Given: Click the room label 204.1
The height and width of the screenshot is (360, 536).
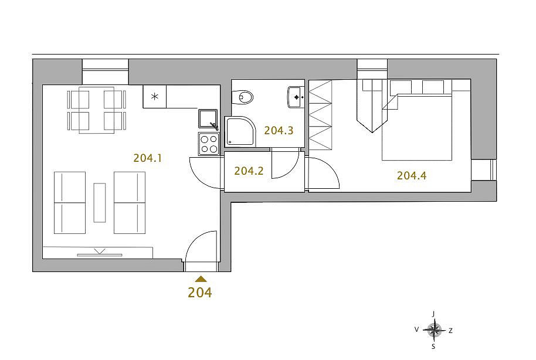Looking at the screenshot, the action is [147, 158].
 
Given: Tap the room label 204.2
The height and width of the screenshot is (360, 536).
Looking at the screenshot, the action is [249, 171].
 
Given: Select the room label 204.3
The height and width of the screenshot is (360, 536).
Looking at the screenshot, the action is [279, 130].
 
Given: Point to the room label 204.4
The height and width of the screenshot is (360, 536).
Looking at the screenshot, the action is [412, 176].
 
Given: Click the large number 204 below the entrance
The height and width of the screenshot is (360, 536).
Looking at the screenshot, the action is [200, 293].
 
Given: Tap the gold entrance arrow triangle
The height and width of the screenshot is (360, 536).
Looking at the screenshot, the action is [201, 279].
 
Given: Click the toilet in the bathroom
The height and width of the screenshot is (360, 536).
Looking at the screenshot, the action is [242, 97].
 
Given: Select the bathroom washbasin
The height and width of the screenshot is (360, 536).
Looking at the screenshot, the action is [296, 97].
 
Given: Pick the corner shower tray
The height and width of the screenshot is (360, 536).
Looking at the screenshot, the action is [240, 131].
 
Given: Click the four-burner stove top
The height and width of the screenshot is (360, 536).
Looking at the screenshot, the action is [209, 144].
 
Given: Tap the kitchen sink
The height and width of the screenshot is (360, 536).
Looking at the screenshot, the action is [208, 119].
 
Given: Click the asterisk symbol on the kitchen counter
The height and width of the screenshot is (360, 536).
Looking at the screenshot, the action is [155, 97].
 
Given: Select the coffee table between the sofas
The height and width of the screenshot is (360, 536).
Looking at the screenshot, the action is [100, 203].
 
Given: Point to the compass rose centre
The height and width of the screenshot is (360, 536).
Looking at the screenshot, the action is [434, 330].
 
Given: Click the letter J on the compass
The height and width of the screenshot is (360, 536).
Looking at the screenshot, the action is [433, 314].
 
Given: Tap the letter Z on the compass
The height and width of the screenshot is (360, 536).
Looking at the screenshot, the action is [450, 331].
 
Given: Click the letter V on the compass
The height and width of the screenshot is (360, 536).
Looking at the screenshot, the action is [417, 330].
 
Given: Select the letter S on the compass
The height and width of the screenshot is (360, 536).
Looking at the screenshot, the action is [433, 347].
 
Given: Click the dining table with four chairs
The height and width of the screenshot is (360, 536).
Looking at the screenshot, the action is [96, 110].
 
